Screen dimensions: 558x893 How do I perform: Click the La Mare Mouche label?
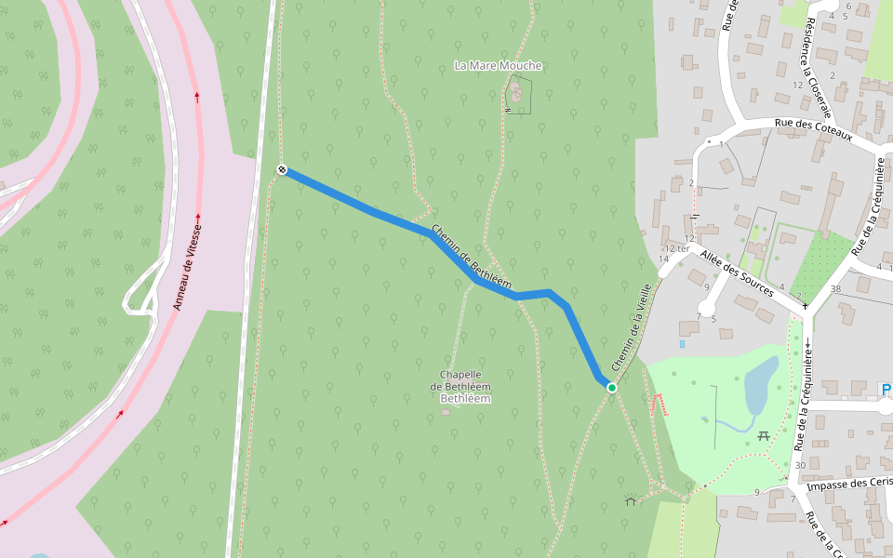coord(498,66)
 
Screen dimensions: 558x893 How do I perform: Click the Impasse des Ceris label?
coord(849,484)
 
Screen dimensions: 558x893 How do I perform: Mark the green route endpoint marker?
coord(611,387)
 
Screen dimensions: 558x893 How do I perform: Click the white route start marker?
coord(282,169)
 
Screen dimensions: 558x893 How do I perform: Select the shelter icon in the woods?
coord(631,501)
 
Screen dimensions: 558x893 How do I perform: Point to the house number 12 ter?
coord(676,248)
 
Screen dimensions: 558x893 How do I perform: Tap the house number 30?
coord(800,465)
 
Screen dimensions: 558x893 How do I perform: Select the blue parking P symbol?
coord(886,389)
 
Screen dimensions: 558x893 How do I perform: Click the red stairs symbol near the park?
coord(660,405)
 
